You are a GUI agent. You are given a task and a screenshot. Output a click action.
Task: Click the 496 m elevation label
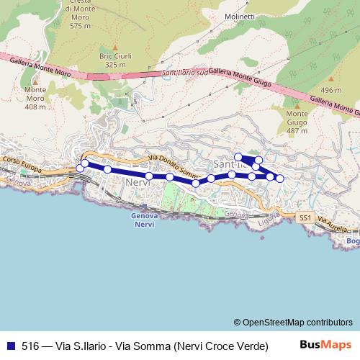331,90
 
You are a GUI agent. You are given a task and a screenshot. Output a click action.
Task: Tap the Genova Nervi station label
145,220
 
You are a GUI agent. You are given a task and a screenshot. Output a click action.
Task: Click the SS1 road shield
305,216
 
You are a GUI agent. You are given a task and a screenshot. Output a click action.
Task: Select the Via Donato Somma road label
173,166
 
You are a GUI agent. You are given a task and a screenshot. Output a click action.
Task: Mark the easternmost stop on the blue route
280,178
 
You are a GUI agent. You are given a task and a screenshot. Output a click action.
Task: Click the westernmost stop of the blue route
80,168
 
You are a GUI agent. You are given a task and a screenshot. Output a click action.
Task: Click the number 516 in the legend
30,346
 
